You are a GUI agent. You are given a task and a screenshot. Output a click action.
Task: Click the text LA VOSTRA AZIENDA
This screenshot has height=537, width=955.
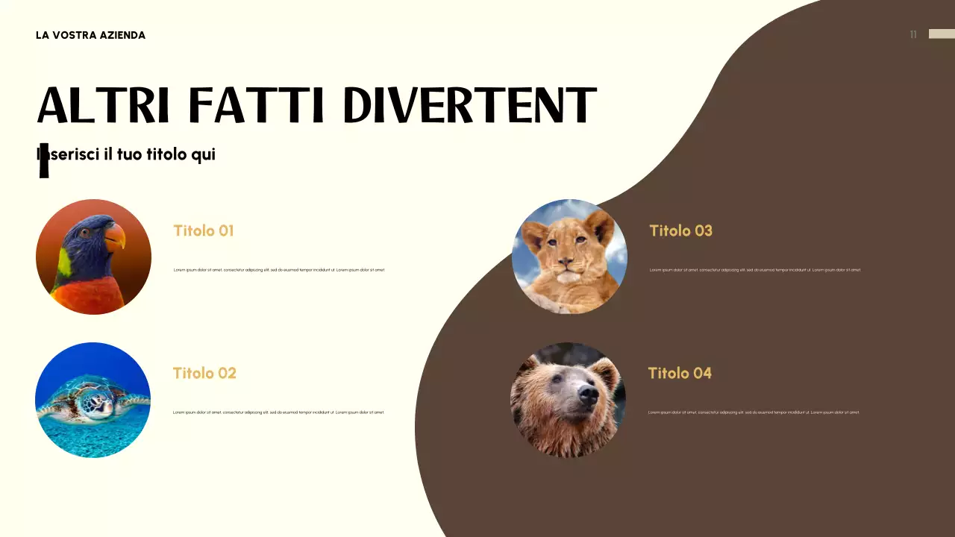[x=90, y=35]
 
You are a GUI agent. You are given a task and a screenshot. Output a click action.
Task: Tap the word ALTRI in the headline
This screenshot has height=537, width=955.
[x=104, y=105]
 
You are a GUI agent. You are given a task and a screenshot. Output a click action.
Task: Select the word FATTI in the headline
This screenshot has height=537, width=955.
[x=256, y=105]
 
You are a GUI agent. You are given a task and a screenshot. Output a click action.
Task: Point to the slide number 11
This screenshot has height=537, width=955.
[x=913, y=34]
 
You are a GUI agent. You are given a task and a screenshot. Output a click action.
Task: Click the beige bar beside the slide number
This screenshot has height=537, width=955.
[x=942, y=34]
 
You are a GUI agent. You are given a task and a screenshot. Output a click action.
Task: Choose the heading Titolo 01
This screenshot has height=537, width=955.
[x=204, y=230]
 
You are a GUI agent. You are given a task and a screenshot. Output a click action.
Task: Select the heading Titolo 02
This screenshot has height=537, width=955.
[x=204, y=373]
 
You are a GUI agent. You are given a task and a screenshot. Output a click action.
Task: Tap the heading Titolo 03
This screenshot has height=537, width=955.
[x=680, y=230]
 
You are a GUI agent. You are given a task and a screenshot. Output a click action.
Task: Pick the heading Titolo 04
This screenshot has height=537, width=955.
[x=680, y=373]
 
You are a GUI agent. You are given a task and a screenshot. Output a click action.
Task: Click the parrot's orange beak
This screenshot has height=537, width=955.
[x=116, y=236]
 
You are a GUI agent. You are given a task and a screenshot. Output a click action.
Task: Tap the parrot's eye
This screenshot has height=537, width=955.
[x=86, y=233]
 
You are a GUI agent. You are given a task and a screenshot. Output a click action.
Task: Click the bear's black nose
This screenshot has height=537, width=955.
[x=588, y=395]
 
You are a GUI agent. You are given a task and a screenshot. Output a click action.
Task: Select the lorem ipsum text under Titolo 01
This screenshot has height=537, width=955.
[x=279, y=270]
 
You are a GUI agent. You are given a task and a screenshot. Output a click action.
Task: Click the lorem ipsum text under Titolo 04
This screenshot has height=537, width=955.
[x=754, y=412]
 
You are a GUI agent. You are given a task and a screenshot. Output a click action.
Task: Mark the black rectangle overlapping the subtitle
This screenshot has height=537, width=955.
[x=44, y=160]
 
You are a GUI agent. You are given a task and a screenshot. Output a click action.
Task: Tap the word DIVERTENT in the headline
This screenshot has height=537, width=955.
[x=469, y=105]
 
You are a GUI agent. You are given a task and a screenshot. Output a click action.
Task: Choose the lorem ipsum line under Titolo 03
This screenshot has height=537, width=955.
[x=755, y=270]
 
